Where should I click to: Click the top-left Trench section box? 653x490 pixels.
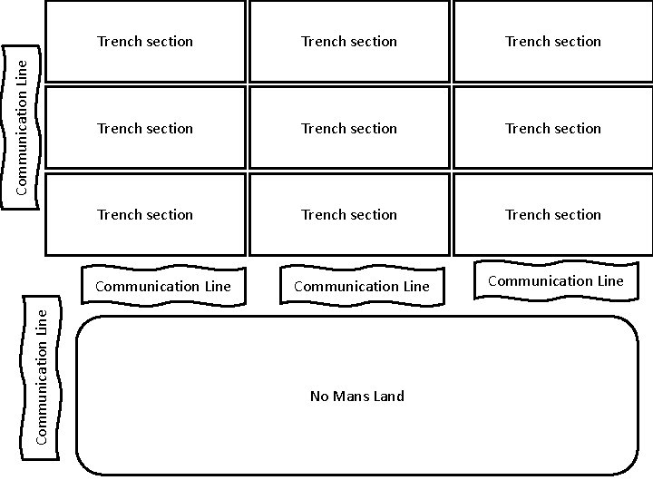[x=145, y=42]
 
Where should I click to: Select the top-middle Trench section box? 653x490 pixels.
[x=349, y=42]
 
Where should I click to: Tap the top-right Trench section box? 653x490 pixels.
[x=553, y=42]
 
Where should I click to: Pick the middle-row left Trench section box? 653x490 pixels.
[x=145, y=128]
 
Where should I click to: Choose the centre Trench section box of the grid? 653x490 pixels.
[x=349, y=128]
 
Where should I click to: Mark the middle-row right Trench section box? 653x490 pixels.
[x=553, y=128]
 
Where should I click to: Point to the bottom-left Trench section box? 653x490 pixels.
[x=145, y=215]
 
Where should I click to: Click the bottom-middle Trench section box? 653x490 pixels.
[x=349, y=215]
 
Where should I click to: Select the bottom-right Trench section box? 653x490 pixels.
[x=553, y=215]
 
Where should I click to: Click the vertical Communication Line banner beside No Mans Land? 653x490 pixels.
[x=43, y=375]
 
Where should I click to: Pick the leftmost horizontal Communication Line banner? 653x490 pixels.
[x=163, y=287]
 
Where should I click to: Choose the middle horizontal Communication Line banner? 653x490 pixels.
[x=362, y=287]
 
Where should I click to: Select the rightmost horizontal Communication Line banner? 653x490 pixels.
[x=556, y=281]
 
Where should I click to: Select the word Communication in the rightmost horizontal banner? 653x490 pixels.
[x=535, y=281]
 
